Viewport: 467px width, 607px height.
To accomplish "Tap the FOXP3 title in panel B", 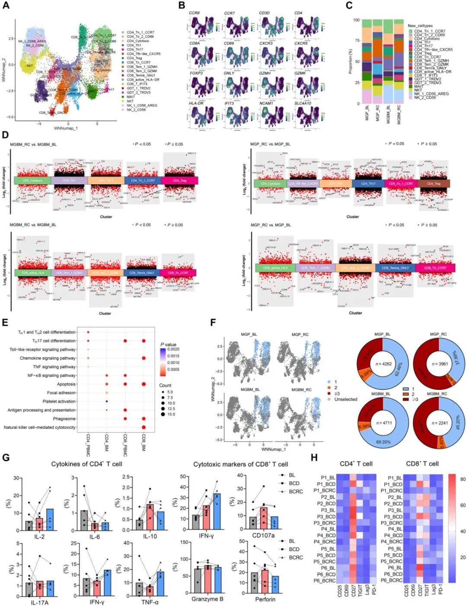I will click(x=196, y=73).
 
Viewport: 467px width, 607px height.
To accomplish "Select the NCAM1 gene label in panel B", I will click(x=266, y=103).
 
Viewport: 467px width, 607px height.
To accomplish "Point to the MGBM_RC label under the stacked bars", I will click(x=399, y=114).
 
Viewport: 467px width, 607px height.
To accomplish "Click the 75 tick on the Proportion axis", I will click(x=357, y=41).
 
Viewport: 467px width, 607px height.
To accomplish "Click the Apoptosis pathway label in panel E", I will click(x=66, y=384).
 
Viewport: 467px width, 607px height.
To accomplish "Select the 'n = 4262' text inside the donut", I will click(x=383, y=364).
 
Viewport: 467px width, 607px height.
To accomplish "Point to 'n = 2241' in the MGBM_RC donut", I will click(x=438, y=423).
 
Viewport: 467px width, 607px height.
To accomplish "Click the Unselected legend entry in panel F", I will click(x=345, y=399).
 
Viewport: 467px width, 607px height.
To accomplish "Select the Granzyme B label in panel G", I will click(x=207, y=599).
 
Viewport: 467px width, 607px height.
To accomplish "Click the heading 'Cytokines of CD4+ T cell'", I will click(x=86, y=464).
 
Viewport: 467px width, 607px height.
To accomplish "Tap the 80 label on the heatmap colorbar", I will click(x=463, y=479).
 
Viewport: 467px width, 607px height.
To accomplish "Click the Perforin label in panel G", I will click(x=265, y=599).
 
